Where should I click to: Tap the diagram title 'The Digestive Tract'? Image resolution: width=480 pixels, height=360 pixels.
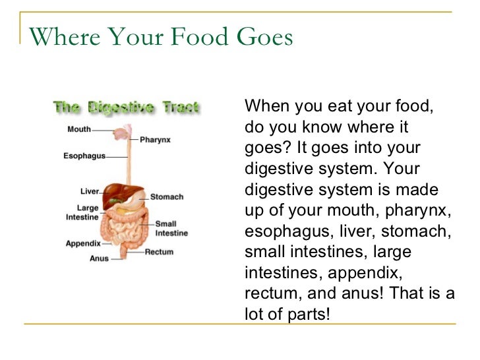pos(126,107)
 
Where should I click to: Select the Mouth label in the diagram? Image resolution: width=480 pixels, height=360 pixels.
pos(79,129)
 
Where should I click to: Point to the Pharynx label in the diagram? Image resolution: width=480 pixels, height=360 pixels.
pos(156,140)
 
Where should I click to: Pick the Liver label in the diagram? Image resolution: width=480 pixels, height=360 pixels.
pos(90,191)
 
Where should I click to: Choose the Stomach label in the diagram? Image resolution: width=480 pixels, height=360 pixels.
pos(167,196)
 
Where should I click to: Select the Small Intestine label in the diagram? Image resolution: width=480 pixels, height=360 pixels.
pos(171,228)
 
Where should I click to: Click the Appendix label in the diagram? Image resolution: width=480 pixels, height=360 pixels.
pos(83,243)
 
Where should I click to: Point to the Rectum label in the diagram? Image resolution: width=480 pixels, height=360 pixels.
pos(159,251)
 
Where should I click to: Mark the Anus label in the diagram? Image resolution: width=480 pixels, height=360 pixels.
pos(99,258)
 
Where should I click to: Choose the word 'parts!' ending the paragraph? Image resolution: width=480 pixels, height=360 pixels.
pos(307,314)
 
